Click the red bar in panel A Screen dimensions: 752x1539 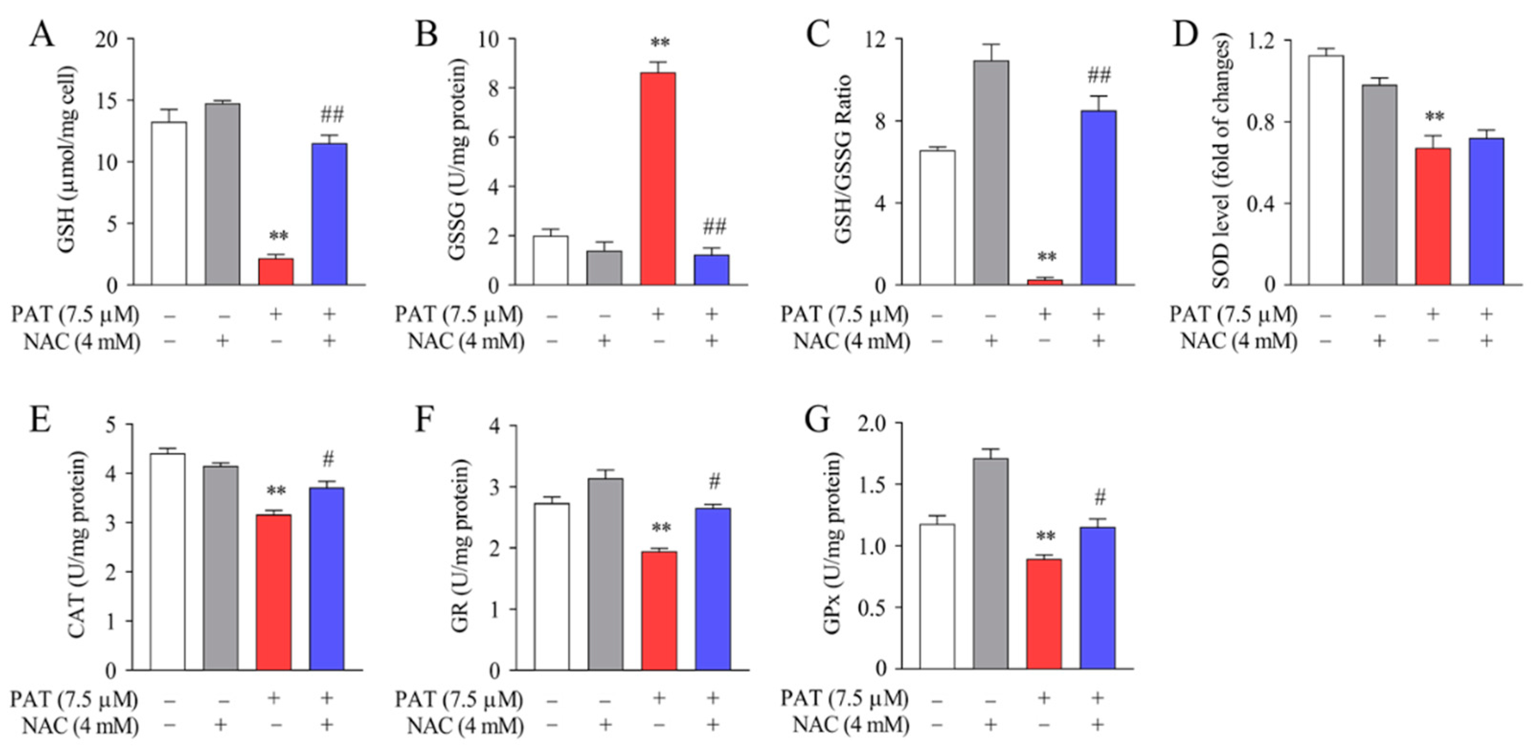(275, 272)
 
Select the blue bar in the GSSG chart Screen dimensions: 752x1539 (711, 270)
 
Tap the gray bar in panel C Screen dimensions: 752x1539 (991, 173)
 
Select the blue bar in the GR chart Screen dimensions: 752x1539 (713, 589)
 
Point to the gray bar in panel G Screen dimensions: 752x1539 (990, 564)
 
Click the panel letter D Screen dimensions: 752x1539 (1185, 34)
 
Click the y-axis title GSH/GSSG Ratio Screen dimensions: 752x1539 (843, 160)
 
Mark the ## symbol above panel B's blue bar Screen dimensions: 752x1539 (715, 227)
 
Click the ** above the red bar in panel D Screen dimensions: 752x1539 (1434, 116)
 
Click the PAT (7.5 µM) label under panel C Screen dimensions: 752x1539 (844, 314)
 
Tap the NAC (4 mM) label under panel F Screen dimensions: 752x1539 (465, 726)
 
